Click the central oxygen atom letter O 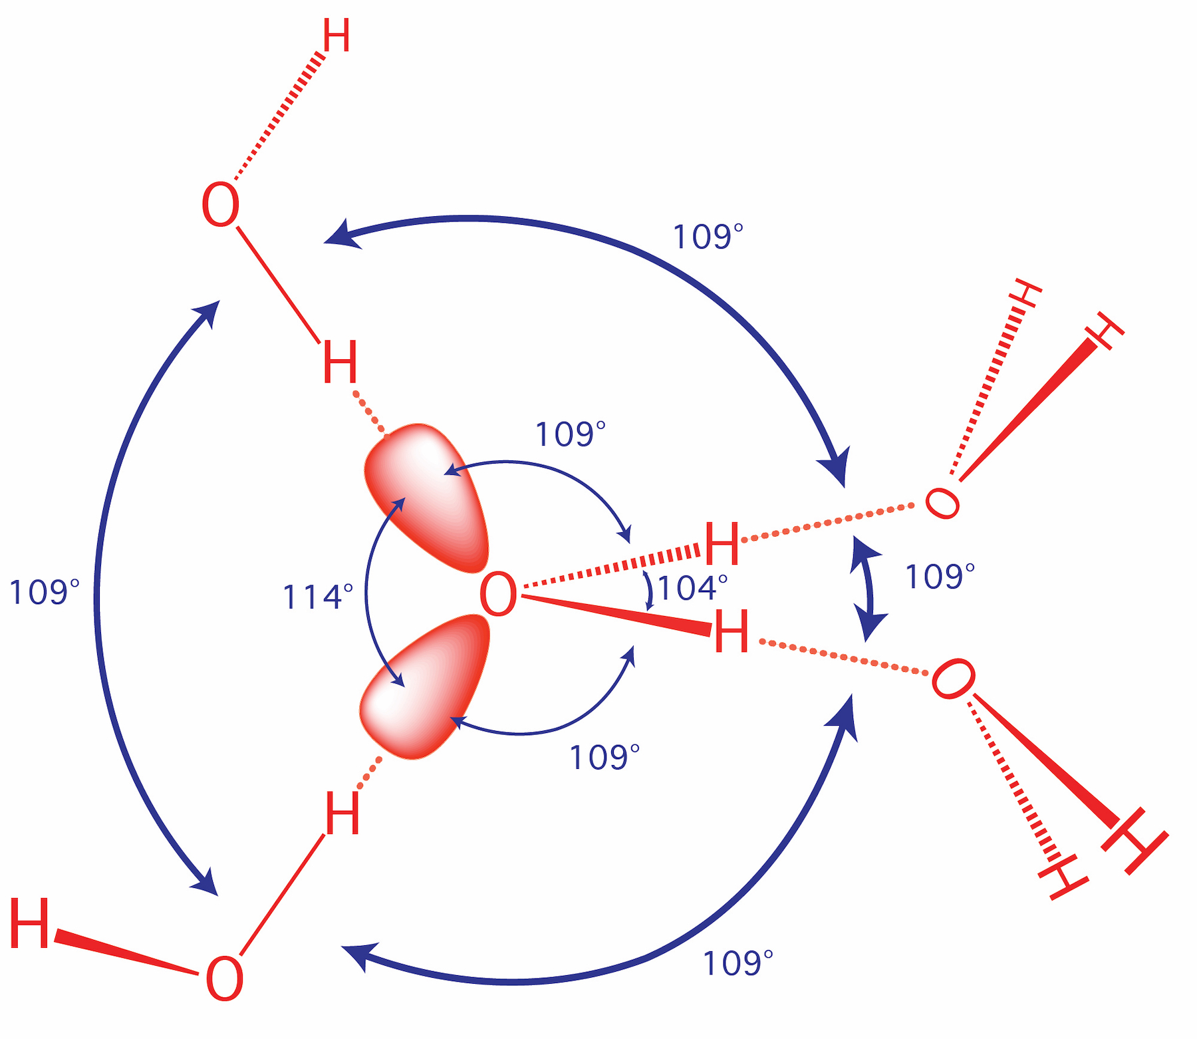coord(498,594)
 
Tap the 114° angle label coord(318,597)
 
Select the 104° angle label coord(692,587)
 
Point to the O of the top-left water coord(220,206)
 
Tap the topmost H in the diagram coord(336,36)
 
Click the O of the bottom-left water coord(224,978)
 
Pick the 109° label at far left coord(44,592)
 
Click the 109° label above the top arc coord(708,237)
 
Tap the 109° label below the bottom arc coord(737,963)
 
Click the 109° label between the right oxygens coord(940,576)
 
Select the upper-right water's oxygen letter coord(943,503)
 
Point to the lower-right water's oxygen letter coord(953,679)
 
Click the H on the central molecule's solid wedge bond coord(731,632)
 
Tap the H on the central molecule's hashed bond coord(722,543)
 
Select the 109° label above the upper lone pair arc coord(571,434)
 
